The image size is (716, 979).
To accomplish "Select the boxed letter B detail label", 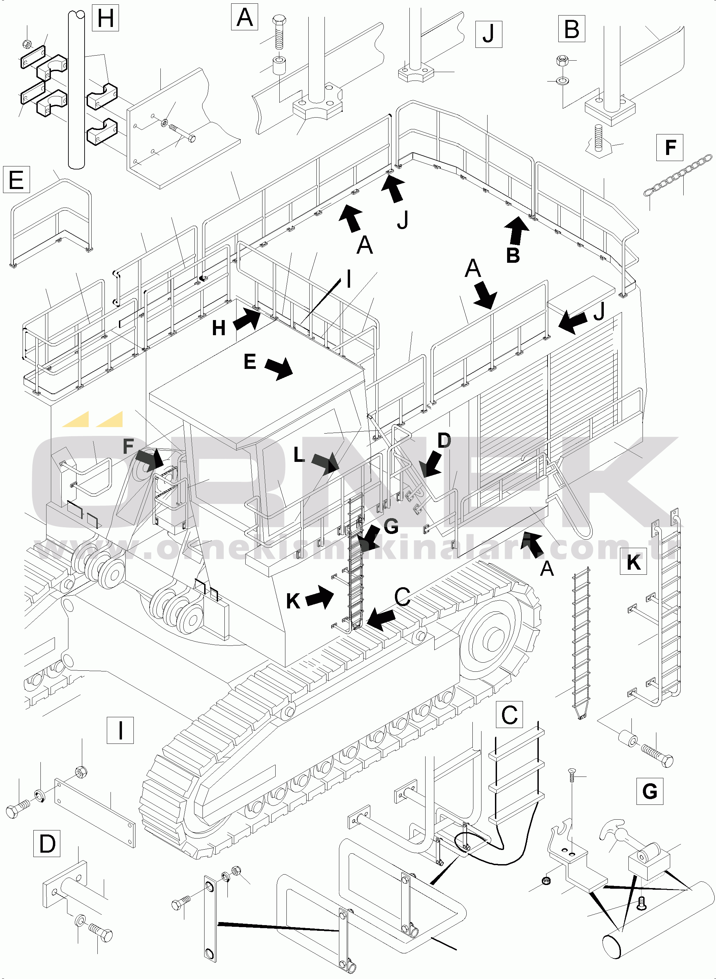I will (x=571, y=29).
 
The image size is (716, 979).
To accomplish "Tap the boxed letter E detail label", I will (x=16, y=180).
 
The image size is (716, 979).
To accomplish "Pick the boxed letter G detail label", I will (x=649, y=791).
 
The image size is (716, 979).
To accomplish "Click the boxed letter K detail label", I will (x=633, y=562).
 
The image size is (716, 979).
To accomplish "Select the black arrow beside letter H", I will (x=247, y=319).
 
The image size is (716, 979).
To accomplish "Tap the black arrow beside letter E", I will (x=279, y=368).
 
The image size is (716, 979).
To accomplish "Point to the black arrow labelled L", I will (x=326, y=463).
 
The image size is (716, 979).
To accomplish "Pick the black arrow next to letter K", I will (x=320, y=597).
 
